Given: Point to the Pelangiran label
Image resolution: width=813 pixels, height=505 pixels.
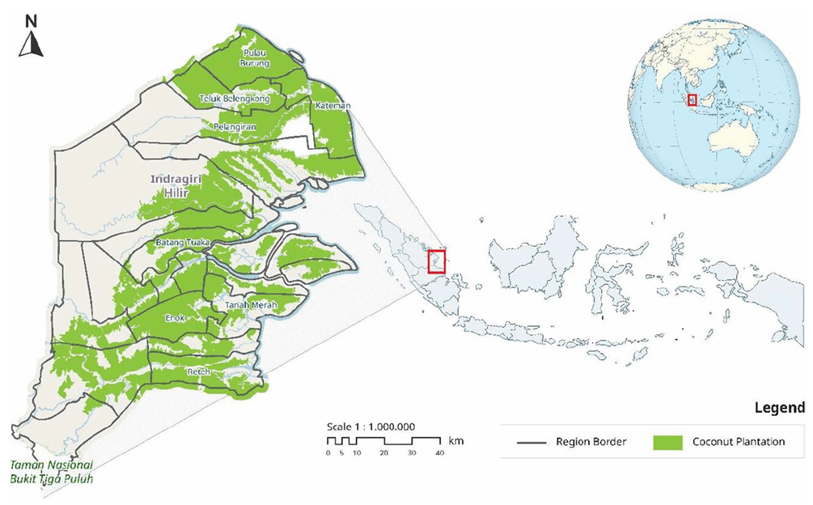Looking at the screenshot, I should pos(234,126).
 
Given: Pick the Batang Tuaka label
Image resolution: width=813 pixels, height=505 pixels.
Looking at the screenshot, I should pos(182,241).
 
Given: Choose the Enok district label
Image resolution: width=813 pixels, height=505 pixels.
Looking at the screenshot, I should pos(176,318).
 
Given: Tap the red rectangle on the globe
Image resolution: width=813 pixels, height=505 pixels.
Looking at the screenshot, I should pos(692,100).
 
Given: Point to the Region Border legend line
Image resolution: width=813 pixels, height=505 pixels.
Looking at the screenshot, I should pos(528,443).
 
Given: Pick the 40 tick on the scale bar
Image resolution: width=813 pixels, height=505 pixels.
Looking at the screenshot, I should pos(439,453).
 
